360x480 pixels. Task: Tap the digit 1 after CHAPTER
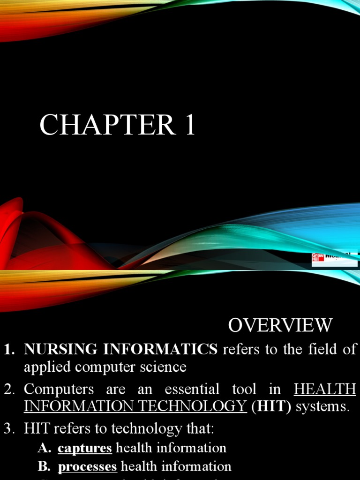(x=189, y=126)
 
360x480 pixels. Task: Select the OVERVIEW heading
(x=280, y=325)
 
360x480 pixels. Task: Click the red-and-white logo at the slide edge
(x=334, y=259)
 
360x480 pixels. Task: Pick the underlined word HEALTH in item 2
(x=325, y=389)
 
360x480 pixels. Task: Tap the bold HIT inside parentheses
(x=271, y=406)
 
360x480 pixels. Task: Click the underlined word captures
(x=85, y=448)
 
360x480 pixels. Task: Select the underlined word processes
(x=87, y=466)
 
